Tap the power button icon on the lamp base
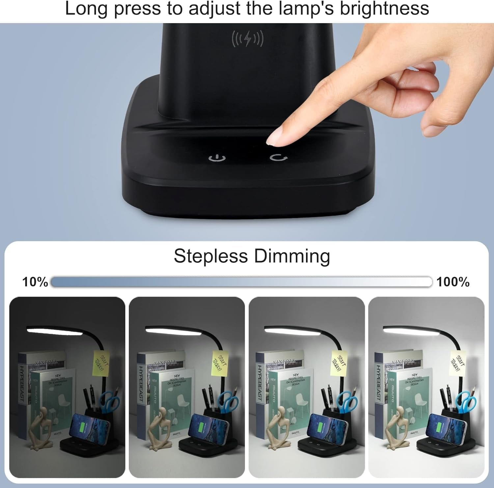coord(217,158)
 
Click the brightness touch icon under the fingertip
coord(278,157)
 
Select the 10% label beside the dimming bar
coord(35,282)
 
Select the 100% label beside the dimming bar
coord(453,282)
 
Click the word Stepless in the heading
coord(210,256)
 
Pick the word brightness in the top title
coord(384,9)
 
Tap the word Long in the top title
coord(86,9)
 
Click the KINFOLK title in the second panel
coord(165,362)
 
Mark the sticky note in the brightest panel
coord(459,362)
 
